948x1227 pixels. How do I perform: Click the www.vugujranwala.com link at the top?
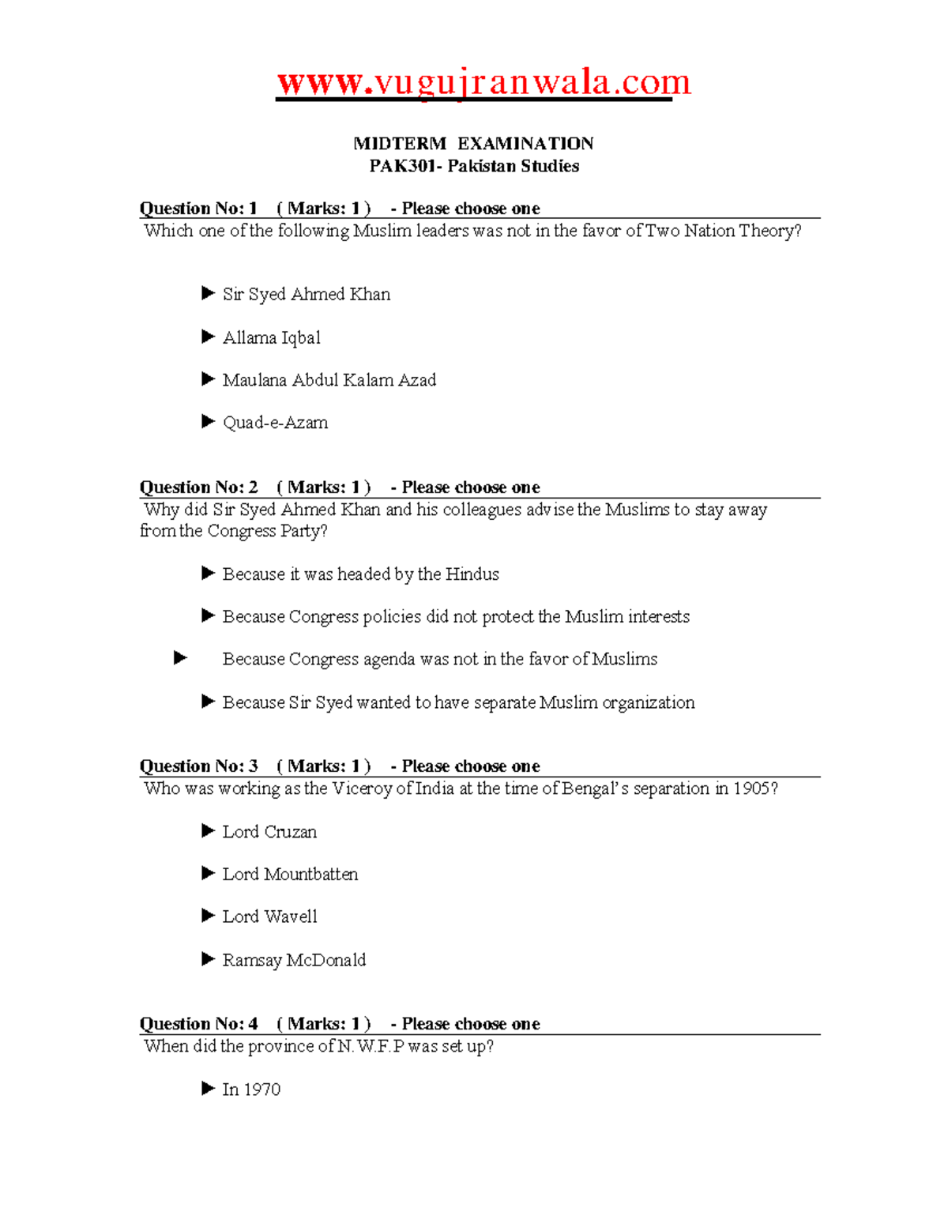483,83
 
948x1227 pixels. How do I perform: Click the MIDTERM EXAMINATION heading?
473,144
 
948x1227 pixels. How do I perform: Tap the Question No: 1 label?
198,209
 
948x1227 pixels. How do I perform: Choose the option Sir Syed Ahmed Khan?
306,295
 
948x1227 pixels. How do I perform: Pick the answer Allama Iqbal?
271,338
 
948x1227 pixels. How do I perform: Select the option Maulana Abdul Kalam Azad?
329,380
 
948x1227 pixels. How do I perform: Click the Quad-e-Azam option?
275,423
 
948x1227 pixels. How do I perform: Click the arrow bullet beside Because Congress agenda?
181,658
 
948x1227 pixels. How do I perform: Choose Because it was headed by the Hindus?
360,574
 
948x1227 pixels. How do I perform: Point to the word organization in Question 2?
648,702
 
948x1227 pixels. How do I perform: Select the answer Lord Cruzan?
269,832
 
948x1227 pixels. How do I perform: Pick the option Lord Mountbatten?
290,875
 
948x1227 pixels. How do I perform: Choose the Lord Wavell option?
269,916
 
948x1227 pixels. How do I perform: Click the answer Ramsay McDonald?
294,960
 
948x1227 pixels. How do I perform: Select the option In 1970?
251,1090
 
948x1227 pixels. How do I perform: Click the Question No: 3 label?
198,766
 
